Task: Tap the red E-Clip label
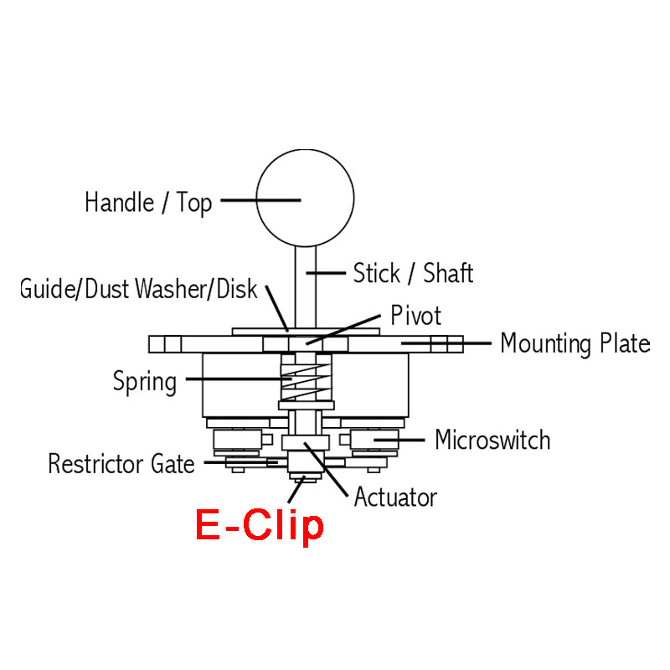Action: [259, 526]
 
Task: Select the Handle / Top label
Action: [148, 203]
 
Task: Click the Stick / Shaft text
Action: [413, 273]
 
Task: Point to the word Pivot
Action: [415, 316]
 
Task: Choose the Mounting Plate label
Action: [575, 343]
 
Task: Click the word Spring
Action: [145, 382]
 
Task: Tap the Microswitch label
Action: [492, 440]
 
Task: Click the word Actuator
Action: [395, 497]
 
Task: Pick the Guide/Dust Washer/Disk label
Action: [139, 290]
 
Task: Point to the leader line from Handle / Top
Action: [260, 200]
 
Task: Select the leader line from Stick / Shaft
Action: [327, 272]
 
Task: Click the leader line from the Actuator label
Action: [330, 469]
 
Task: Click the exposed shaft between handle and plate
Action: [303, 289]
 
